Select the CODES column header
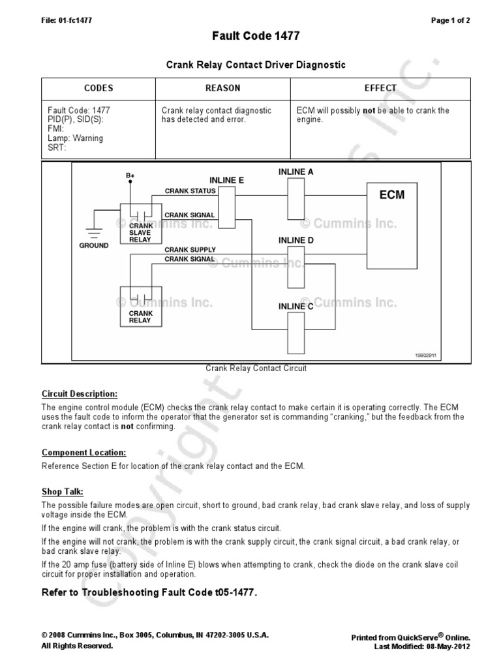pos(99,88)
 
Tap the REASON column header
pos(222,88)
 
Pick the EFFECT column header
pos(380,88)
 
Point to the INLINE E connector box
pos(226,206)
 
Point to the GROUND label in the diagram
pos(95,246)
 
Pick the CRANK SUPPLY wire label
pos(190,250)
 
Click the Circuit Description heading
pos(80,395)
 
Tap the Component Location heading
pos(83,452)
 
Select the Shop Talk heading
pos(63,491)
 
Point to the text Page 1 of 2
pos(451,20)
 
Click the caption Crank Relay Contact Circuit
pos(256,369)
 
